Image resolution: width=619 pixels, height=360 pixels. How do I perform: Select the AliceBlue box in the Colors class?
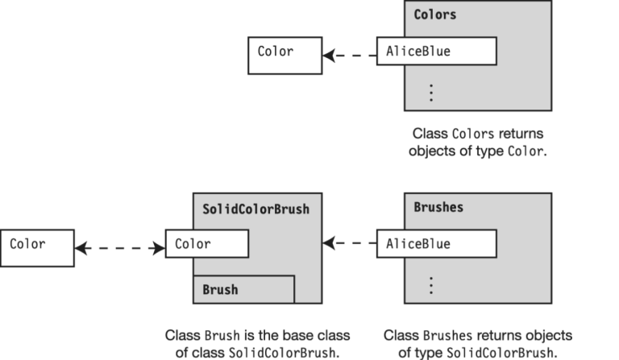[436, 52]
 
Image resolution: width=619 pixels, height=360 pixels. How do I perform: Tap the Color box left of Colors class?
[284, 52]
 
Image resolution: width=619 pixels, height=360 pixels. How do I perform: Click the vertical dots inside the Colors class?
[431, 93]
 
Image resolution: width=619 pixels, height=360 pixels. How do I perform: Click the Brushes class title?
[438, 207]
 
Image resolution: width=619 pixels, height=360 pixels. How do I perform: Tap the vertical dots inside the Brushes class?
[431, 285]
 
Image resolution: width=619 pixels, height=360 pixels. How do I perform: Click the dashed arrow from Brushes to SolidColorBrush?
[350, 243]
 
